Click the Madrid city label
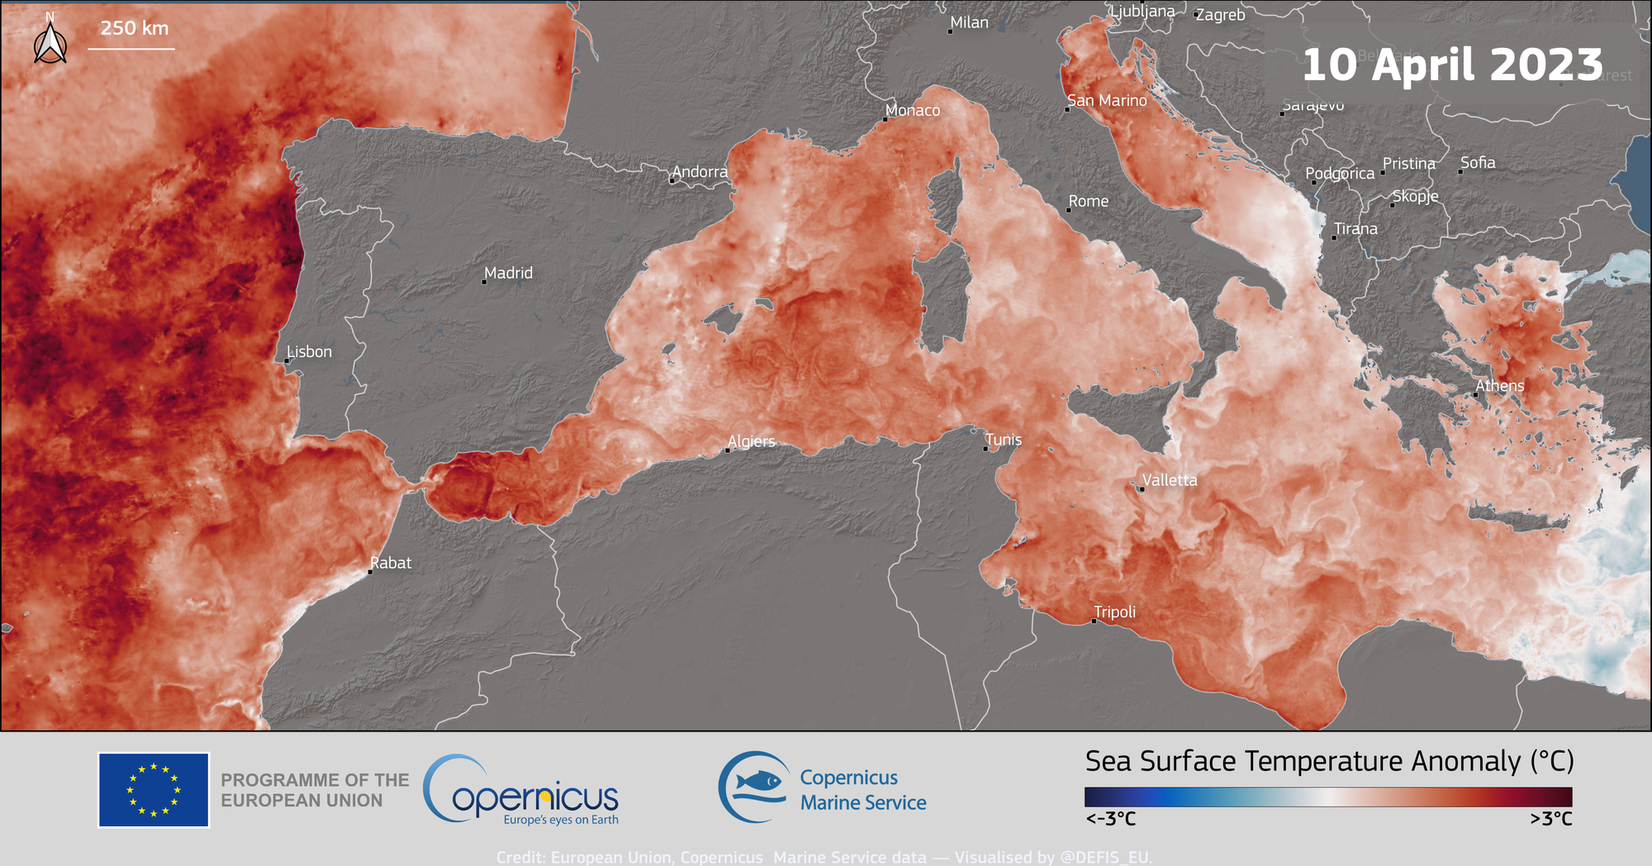point(508,273)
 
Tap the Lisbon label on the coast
point(309,351)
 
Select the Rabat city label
point(390,563)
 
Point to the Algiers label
point(751,441)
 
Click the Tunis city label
point(1003,440)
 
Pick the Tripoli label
point(1114,611)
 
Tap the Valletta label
point(1169,480)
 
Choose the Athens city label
point(1499,386)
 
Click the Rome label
point(1088,201)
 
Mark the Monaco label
point(912,110)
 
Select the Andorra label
point(700,172)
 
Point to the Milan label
point(969,22)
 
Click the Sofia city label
point(1477,163)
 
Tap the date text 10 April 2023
point(1452,64)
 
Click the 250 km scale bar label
point(135,28)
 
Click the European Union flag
point(154,789)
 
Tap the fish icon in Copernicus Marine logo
point(758,781)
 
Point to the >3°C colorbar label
point(1550,819)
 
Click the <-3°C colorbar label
point(1110,819)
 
